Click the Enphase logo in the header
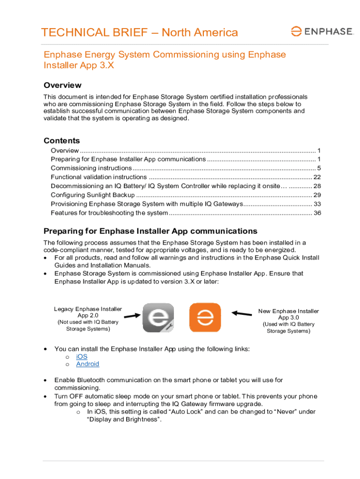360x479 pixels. [x=321, y=31]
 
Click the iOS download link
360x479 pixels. [x=82, y=356]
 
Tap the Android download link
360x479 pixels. [x=87, y=364]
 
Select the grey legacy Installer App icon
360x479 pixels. [x=158, y=318]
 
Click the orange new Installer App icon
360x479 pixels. [x=205, y=318]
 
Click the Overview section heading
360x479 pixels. [x=62, y=85]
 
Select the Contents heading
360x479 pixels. [x=62, y=141]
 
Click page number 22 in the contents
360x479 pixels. [x=317, y=177]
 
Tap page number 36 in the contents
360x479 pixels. [x=317, y=213]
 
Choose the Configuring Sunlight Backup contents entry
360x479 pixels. [x=93, y=195]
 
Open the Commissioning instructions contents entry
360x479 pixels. [x=91, y=168]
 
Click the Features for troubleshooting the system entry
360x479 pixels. [x=109, y=213]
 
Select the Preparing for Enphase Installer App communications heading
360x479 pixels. [x=150, y=231]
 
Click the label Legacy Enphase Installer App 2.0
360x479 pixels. [x=88, y=312]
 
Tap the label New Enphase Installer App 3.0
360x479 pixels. [x=288, y=314]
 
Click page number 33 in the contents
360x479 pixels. [x=317, y=204]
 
